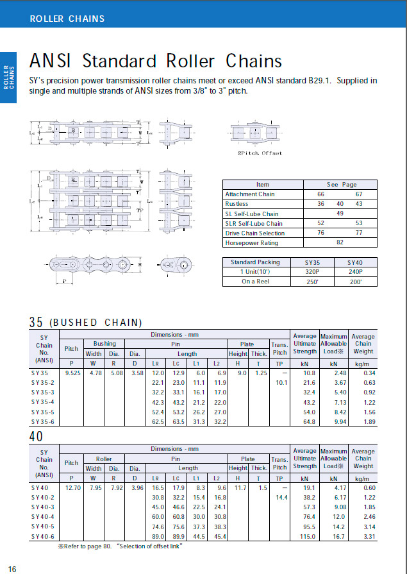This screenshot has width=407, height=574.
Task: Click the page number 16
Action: pos(12,569)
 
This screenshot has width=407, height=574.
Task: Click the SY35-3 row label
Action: pos(44,391)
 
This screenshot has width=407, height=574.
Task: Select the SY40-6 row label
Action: pos(44,537)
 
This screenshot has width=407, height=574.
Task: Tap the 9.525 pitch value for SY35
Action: pos(72,372)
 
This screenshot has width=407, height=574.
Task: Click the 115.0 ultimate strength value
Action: pos(305,537)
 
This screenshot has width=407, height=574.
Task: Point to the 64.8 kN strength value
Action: pos(305,422)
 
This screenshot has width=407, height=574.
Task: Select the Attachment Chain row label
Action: pos(250,194)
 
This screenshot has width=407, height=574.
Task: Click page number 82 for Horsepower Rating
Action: pos(340,242)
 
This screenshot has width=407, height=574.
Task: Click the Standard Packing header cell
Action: pos(255,262)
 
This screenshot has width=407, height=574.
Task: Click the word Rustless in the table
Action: pos(237,204)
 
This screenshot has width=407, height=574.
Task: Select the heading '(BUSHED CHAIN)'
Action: pos(96,322)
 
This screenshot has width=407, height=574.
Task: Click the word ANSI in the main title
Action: pos(51,61)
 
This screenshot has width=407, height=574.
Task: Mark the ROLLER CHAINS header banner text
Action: pos(67,19)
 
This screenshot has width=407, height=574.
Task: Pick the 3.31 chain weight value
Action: pos(363,537)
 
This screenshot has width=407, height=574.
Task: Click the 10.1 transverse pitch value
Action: pos(279,382)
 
